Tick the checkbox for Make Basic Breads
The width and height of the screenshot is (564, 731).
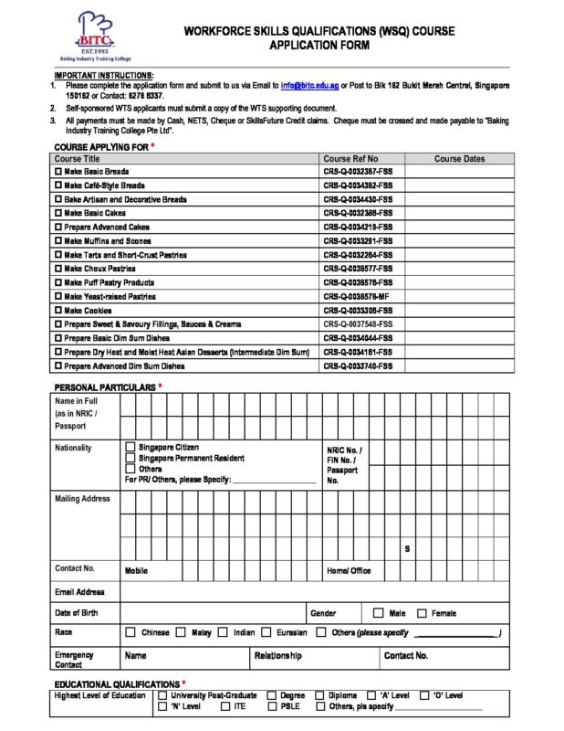click(59, 172)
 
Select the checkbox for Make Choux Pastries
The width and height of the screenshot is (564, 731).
click(59, 269)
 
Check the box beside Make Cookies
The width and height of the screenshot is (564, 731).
click(59, 311)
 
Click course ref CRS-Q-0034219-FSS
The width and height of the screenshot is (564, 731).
click(358, 227)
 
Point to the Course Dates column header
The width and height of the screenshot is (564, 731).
click(459, 158)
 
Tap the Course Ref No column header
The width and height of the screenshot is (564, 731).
click(350, 158)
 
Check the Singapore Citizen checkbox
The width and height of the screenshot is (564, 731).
click(131, 447)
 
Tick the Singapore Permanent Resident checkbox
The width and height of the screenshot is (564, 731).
click(131, 458)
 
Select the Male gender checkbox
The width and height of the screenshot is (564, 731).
click(378, 613)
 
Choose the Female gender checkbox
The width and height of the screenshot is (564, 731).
click(422, 613)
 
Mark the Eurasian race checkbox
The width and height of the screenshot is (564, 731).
click(266, 632)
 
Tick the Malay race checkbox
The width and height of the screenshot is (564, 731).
click(181, 632)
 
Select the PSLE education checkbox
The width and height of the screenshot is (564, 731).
click(272, 706)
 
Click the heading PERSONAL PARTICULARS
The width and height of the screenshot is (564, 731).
click(105, 387)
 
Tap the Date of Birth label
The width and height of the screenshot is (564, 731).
click(76, 613)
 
